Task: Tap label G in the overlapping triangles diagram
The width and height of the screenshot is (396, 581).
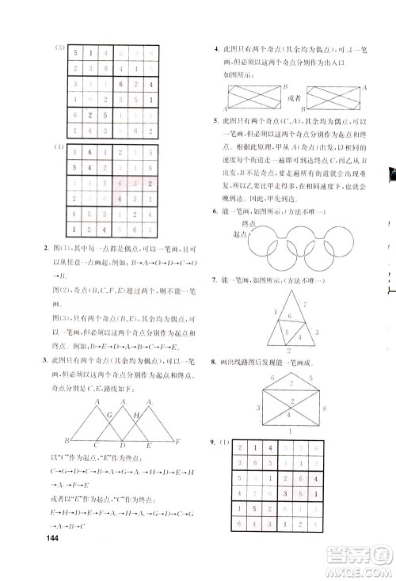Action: click(110, 415)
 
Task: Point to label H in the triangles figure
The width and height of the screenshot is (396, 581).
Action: click(136, 415)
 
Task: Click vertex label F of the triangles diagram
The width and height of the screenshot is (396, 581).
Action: click(179, 441)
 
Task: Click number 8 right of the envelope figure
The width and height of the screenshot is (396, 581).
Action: click(325, 409)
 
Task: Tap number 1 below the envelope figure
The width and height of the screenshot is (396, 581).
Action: click(290, 431)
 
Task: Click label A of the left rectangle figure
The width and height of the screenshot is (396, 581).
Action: click(225, 108)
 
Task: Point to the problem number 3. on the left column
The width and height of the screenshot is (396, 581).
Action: click(43, 361)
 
